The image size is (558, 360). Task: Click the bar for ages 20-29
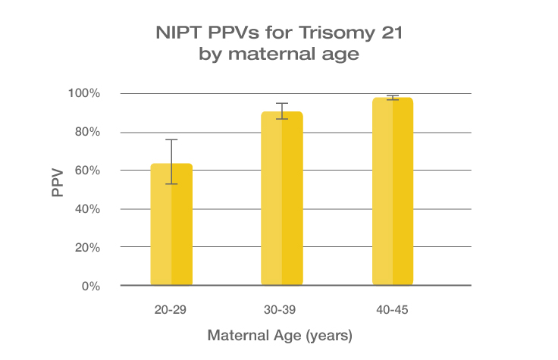point(171,227)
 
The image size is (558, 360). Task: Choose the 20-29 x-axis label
point(171,309)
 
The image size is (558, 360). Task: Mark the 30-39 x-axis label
point(282,309)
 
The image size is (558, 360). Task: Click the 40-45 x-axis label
point(393,309)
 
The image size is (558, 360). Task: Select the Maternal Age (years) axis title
point(281,334)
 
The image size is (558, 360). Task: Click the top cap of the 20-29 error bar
point(171,139)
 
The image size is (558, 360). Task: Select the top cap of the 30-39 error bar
point(282,103)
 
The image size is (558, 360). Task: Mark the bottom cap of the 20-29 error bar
point(171,183)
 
